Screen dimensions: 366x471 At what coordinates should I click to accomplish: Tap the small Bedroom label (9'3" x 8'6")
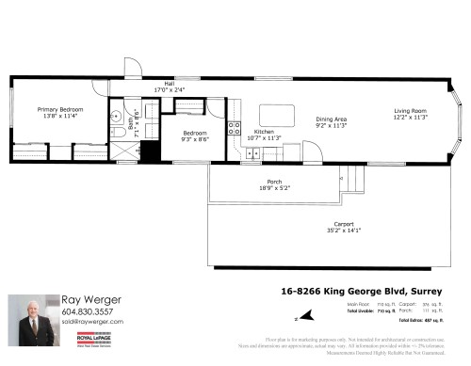[x=194, y=134]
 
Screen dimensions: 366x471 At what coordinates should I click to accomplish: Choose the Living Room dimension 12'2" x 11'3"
[x=411, y=117]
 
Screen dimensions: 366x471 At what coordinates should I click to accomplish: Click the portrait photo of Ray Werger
[x=32, y=321]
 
